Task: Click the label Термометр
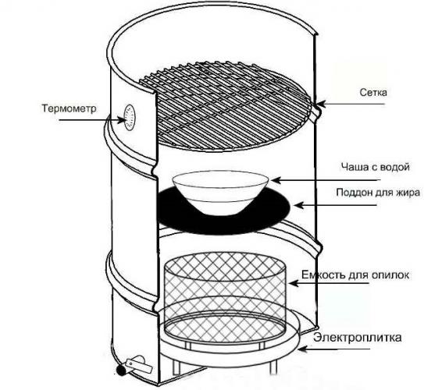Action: pyautogui.click(x=69, y=108)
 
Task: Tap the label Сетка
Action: pyautogui.click(x=373, y=92)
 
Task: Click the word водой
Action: pyautogui.click(x=394, y=167)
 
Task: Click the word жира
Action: pyautogui.click(x=408, y=193)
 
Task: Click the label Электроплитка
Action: pyautogui.click(x=358, y=338)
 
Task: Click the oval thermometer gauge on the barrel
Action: pyautogui.click(x=130, y=118)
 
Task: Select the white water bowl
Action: pyautogui.click(x=220, y=193)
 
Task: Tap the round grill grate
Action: pyautogui.click(x=224, y=106)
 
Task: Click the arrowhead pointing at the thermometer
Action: pyautogui.click(x=121, y=119)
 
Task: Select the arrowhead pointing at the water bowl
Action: pyautogui.click(x=276, y=179)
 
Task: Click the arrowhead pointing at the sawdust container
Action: pyautogui.click(x=294, y=283)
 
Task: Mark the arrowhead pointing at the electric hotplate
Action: pyautogui.click(x=302, y=349)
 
